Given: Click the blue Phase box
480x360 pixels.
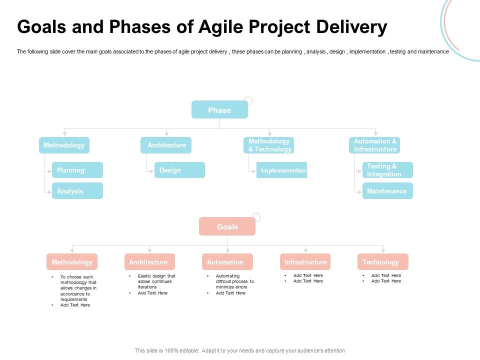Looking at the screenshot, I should pos(219,110).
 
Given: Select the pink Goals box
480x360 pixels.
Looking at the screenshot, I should pos(227,226).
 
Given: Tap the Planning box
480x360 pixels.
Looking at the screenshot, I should pos(77,170).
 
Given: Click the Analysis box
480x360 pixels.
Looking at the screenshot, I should pos(77,191).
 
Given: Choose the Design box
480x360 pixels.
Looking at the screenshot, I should pos(179,170).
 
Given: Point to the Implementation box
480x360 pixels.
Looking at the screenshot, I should pos(281,170).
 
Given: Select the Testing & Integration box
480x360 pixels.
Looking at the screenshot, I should pos(387,170).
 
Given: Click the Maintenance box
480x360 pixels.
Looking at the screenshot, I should pos(387,191).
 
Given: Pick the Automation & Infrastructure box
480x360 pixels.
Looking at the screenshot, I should pos(375,145).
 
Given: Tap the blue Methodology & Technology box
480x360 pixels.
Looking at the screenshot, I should pos(269,145).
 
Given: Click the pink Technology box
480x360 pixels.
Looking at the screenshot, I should pos(382,262).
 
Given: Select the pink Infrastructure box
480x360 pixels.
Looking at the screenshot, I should pos(305,262).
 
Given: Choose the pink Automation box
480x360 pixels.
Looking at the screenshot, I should pos(227,262).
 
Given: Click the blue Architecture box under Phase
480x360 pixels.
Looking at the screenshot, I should pos(166,145).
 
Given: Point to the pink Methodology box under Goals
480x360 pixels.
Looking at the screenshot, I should pos(72,262).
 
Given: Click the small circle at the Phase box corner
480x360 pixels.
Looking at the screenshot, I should pos(248,101).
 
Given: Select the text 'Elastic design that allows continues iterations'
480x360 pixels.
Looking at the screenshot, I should pos(156,281).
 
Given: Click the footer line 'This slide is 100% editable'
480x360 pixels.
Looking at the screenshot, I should pos(239,350).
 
